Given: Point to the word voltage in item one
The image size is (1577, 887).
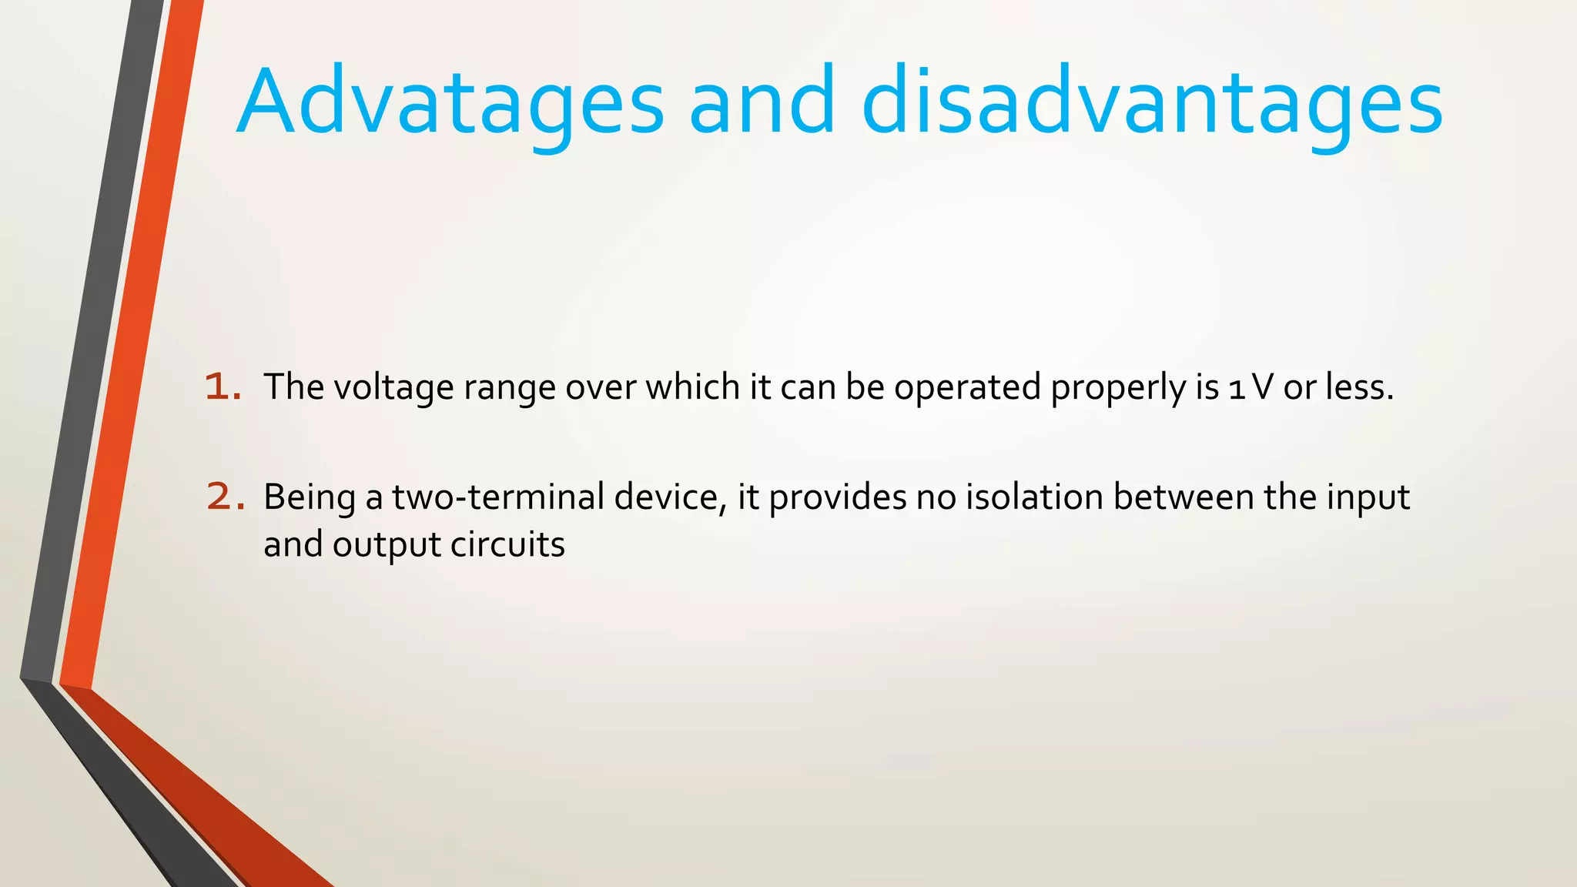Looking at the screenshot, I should pyautogui.click(x=393, y=387).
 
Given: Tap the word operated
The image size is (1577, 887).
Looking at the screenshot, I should pyautogui.click(x=967, y=387).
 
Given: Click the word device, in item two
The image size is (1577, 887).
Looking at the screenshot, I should pyautogui.click(x=671, y=497).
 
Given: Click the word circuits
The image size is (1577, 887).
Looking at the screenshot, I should pyautogui.click(x=507, y=544).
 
